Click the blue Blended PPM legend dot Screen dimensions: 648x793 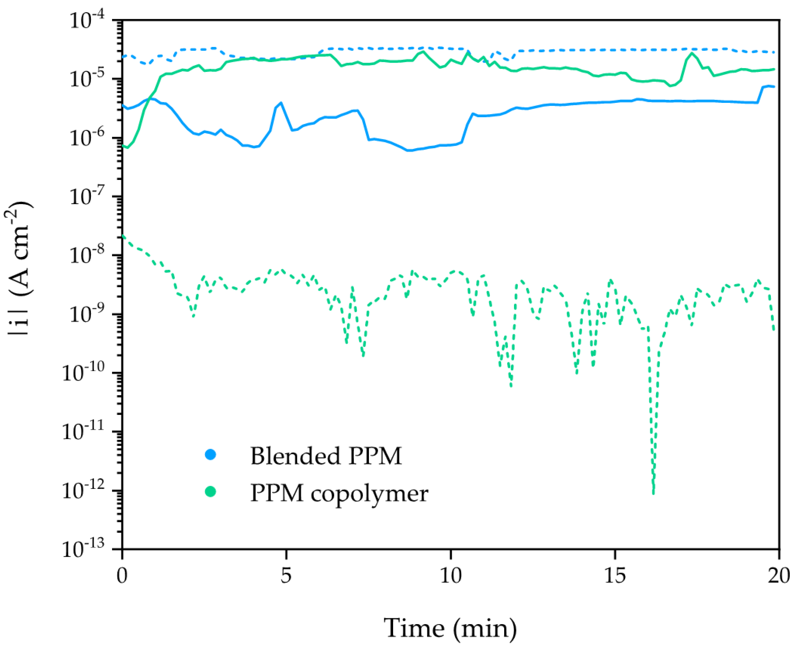[x=211, y=454]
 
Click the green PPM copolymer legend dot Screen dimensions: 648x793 [x=211, y=492]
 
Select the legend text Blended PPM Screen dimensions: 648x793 [x=326, y=456]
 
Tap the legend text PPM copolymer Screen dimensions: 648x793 [x=339, y=493]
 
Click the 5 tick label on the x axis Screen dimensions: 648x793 [x=286, y=576]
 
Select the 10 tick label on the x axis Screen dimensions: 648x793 [x=450, y=576]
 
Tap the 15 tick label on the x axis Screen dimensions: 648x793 [x=615, y=576]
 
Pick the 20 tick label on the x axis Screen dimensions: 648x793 [x=779, y=576]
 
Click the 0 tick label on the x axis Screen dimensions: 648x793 [x=122, y=576]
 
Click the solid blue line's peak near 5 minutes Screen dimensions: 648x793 [x=281, y=103]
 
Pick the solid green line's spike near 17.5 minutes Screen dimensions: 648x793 [x=692, y=53]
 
